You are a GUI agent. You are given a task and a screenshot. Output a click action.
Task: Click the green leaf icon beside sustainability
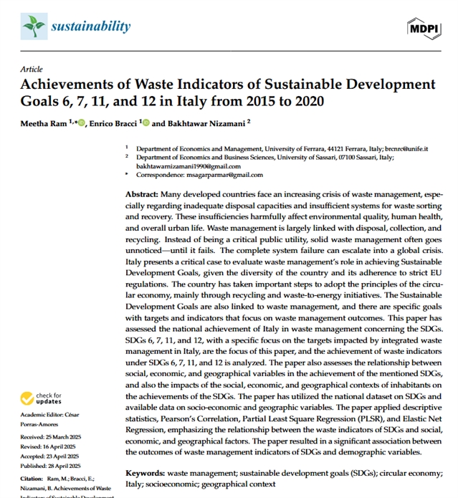click(x=33, y=27)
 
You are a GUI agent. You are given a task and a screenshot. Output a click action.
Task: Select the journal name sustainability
click(x=90, y=27)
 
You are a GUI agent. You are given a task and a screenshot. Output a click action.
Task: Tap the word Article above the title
click(x=32, y=69)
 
